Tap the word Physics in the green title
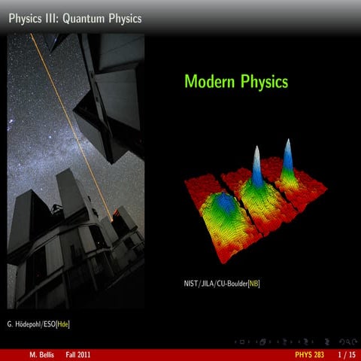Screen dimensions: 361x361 point(265,82)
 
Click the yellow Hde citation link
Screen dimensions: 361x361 point(68,324)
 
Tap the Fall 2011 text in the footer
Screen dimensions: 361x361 point(78,354)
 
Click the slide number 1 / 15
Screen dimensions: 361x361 point(346,354)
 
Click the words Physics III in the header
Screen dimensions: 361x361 point(34,18)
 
